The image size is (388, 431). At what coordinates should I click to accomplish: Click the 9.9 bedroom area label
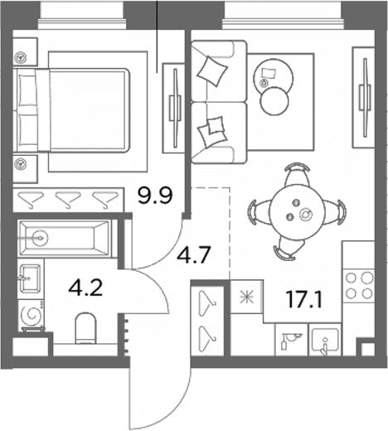pos(155,196)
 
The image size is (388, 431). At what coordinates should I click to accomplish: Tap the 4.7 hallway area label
pos(194,255)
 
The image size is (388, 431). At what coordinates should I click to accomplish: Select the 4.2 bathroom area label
pos(85,288)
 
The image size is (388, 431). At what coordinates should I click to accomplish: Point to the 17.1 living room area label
pos(304,300)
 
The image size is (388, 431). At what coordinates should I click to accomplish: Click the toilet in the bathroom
pos(85,328)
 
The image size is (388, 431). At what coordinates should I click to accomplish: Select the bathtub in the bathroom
pos(65,238)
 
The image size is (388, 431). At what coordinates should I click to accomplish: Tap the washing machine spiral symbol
pos(31,315)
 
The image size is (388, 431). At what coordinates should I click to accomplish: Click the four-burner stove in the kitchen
pos(359,285)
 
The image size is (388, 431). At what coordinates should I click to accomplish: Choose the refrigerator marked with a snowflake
pos(246,297)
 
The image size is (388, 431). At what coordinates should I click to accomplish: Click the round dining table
pos(297,211)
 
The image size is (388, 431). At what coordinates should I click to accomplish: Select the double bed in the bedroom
pos(71,110)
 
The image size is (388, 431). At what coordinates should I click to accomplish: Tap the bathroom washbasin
pos(30,278)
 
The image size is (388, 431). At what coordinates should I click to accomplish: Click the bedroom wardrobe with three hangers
pos(69,200)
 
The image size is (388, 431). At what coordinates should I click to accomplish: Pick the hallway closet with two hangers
pos(207,321)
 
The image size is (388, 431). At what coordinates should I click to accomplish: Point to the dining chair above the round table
pos(296,175)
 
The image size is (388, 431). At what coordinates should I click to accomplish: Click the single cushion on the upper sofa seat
pos(213,70)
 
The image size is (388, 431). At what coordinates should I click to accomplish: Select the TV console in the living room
pos(364,98)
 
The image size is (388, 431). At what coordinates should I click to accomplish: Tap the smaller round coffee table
pos(274,101)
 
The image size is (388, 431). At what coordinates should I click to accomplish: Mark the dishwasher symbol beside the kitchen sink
pos(292,340)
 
